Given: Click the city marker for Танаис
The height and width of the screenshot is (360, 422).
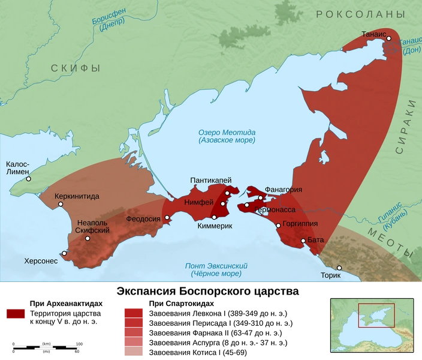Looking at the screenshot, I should coord(388,38).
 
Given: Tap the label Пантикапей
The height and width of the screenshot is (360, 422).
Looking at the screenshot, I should coord(210,180).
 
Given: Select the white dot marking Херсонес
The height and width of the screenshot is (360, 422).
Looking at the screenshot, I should coord(64,253).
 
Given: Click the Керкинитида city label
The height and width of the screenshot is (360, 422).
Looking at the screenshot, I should coord(77,196).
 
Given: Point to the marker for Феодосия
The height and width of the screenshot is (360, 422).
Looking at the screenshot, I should coord(167,218).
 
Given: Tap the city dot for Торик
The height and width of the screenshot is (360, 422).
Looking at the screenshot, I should coord(339,268).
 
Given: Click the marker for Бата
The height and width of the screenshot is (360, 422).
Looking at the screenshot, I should coord(303,241).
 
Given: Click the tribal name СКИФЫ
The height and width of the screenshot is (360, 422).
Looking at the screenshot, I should coord(75,68).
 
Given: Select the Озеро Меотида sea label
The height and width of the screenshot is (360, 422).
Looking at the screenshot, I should coord(227,136).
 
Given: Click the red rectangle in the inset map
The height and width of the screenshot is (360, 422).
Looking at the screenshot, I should coord(376,316).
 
